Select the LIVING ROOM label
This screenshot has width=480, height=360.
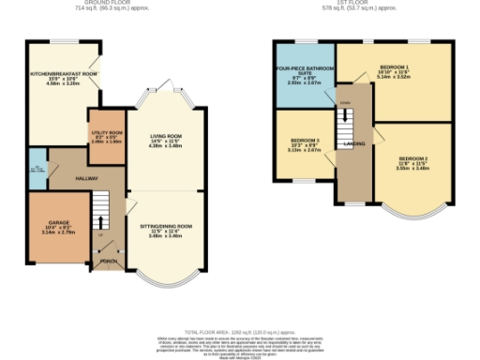pyautogui.click(x=164, y=137)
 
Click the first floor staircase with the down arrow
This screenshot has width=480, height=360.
pyautogui.click(x=345, y=122)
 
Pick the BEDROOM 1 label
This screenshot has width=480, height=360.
pyautogui.click(x=398, y=69)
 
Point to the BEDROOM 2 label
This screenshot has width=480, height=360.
pyautogui.click(x=412, y=160)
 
